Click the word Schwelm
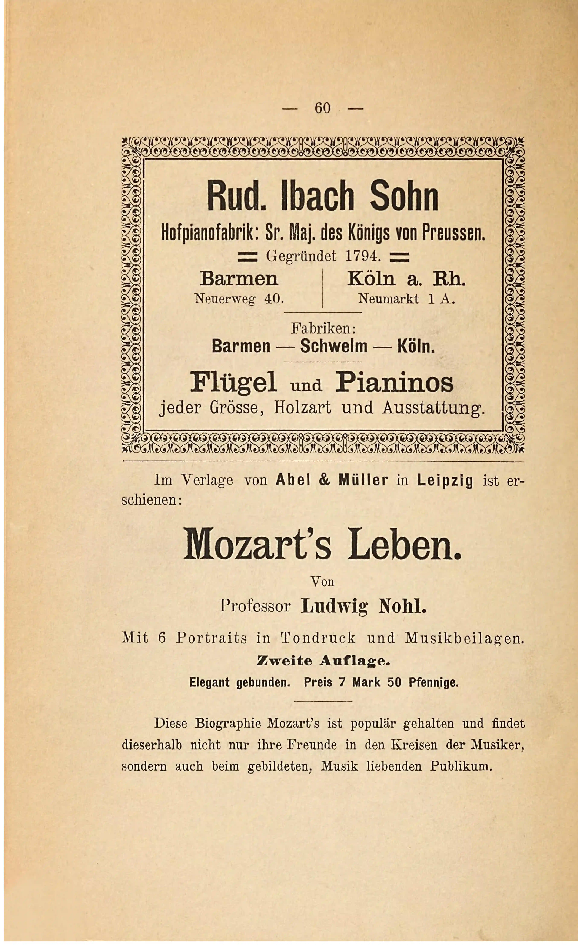tap(334, 346)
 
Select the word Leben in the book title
tap(405, 545)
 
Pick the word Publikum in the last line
tap(461, 766)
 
